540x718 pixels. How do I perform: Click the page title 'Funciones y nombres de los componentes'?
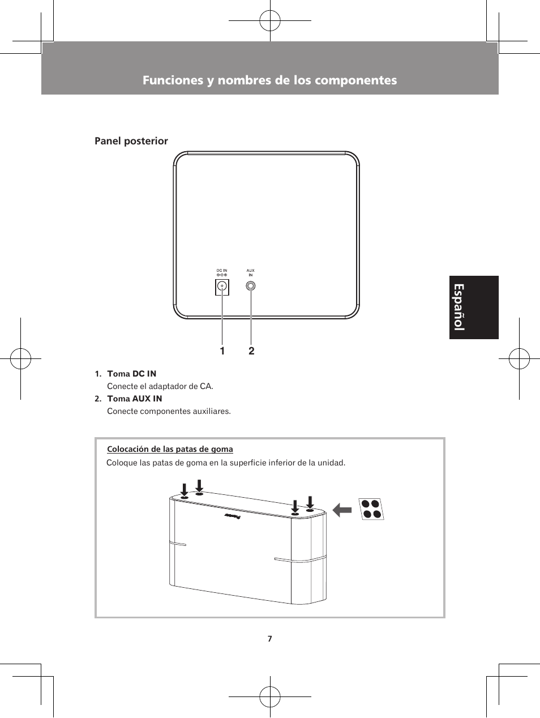pyautogui.click(x=269, y=80)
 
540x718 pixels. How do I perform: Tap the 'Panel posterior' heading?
pyautogui.click(x=131, y=141)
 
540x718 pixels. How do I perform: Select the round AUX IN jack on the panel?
pyautogui.click(x=251, y=287)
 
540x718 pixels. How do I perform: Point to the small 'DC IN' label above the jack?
pyautogui.click(x=222, y=271)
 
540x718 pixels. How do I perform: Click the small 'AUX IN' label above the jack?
pyautogui.click(x=251, y=272)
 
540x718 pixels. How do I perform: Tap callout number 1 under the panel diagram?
pyautogui.click(x=222, y=351)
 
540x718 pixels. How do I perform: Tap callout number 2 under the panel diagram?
pyautogui.click(x=251, y=351)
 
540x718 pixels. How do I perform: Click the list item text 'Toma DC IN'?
pyautogui.click(x=131, y=374)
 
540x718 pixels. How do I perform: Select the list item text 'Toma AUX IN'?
pyautogui.click(x=134, y=399)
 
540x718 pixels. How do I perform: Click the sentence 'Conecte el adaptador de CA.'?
pyautogui.click(x=160, y=386)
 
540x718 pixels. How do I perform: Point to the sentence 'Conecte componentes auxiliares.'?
pyautogui.click(x=169, y=411)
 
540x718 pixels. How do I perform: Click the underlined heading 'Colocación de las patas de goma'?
pyautogui.click(x=170, y=449)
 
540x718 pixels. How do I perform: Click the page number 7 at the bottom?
pyautogui.click(x=269, y=639)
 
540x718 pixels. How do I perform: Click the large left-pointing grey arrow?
pyautogui.click(x=342, y=510)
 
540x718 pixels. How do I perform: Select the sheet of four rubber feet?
pyautogui.click(x=371, y=509)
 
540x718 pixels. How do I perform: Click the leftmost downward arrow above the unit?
pyautogui.click(x=184, y=489)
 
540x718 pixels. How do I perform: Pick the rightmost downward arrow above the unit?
pyautogui.click(x=310, y=502)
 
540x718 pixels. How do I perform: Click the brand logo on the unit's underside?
pyautogui.click(x=233, y=516)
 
